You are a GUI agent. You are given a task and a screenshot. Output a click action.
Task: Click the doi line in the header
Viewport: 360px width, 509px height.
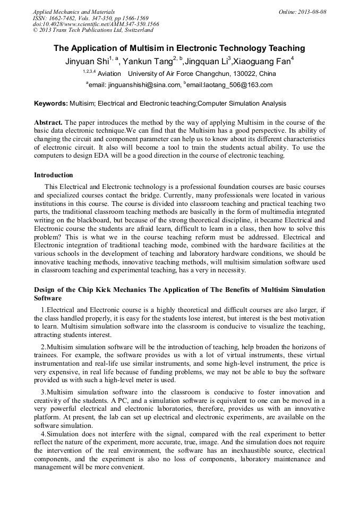click(x=96, y=24)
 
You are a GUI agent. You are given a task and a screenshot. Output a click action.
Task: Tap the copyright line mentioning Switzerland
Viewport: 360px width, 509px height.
click(x=93, y=30)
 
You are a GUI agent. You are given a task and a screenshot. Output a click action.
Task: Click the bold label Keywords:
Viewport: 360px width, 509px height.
click(x=51, y=103)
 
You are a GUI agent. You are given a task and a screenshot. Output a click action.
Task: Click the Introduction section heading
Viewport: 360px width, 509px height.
click(x=54, y=175)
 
